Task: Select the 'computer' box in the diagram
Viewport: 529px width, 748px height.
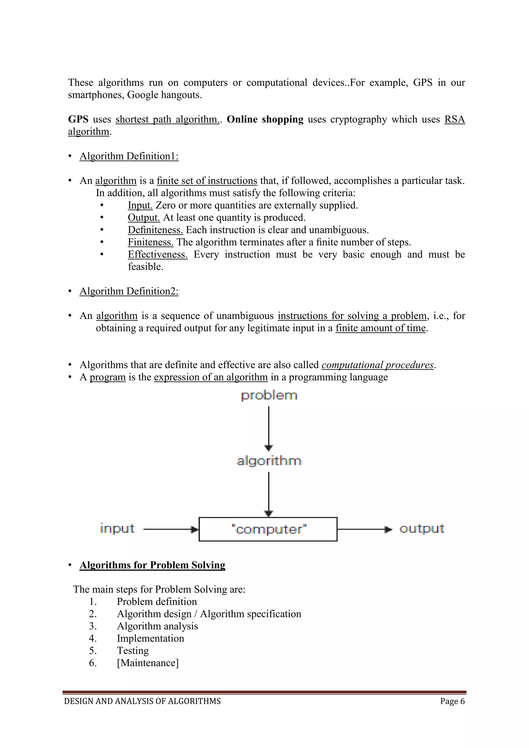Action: (268, 529)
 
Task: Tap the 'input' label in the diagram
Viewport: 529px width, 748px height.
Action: (117, 528)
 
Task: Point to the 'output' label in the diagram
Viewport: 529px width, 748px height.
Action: (422, 528)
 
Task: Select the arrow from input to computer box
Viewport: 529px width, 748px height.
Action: (170, 530)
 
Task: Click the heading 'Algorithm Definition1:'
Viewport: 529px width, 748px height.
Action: (129, 156)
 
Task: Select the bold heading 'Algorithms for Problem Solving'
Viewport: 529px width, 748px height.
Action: (152, 565)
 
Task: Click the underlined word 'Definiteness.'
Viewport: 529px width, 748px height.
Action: (155, 230)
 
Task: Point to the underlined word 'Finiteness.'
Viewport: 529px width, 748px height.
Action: (151, 242)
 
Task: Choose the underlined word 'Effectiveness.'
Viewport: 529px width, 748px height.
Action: (158, 254)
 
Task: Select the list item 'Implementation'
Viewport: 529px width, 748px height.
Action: (151, 638)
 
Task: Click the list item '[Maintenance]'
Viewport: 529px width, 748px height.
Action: (147, 663)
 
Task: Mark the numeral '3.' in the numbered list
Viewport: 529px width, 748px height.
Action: (93, 626)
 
